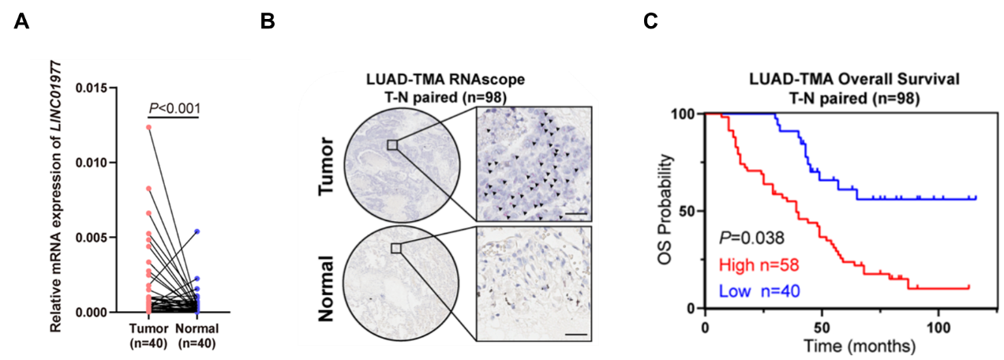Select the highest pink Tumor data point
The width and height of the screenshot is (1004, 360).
pos(148,127)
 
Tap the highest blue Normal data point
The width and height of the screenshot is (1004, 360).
pos(197,231)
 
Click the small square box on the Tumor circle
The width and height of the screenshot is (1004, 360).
pos(392,144)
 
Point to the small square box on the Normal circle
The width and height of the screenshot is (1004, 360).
pos(395,248)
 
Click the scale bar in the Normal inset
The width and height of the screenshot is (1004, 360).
pos(577,334)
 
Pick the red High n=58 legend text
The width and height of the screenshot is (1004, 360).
pos(759,264)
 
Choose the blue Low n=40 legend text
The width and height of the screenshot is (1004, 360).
pos(759,291)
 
